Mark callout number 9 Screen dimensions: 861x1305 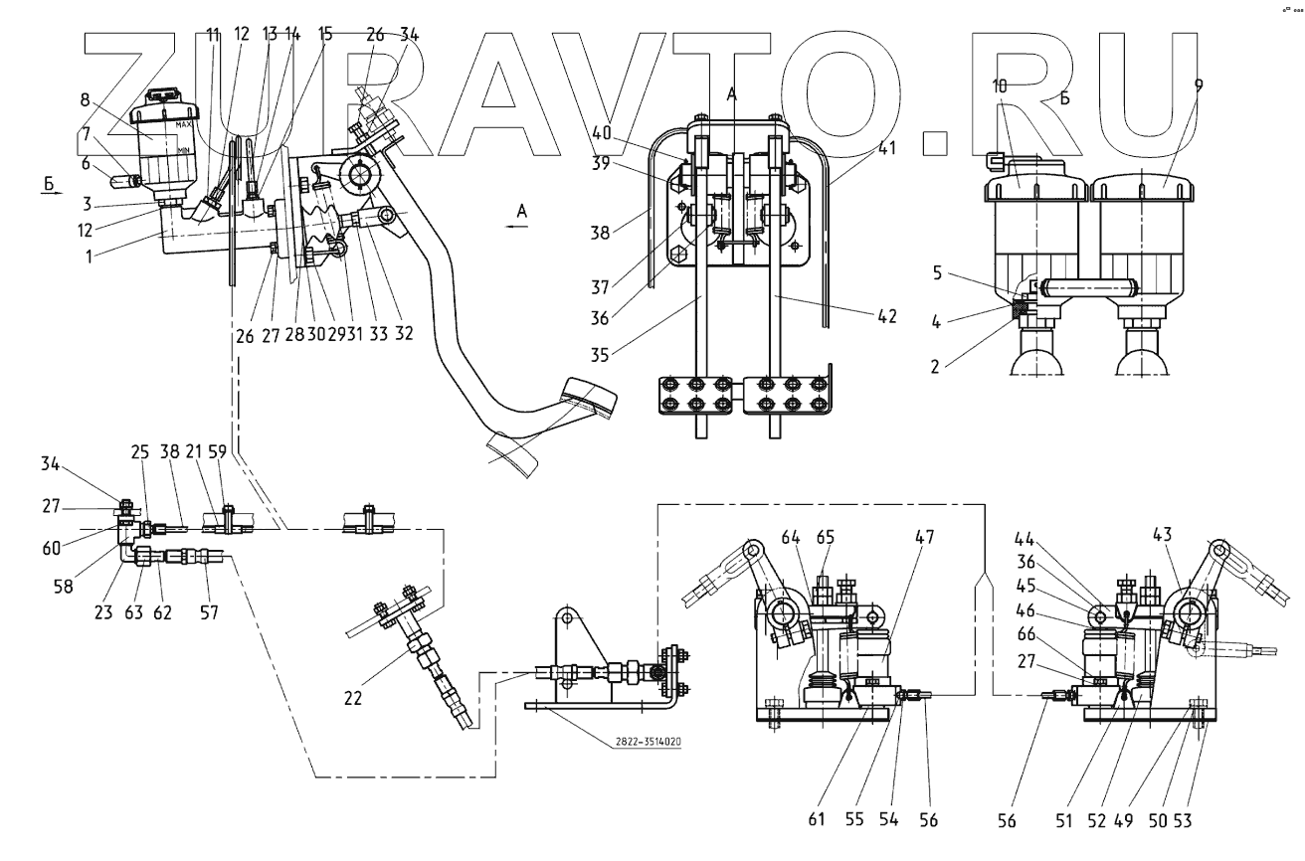click(1199, 86)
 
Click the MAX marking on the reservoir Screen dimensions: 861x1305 click(184, 125)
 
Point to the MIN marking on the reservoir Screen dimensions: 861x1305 click(184, 149)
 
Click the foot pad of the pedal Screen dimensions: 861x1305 click(589, 397)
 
